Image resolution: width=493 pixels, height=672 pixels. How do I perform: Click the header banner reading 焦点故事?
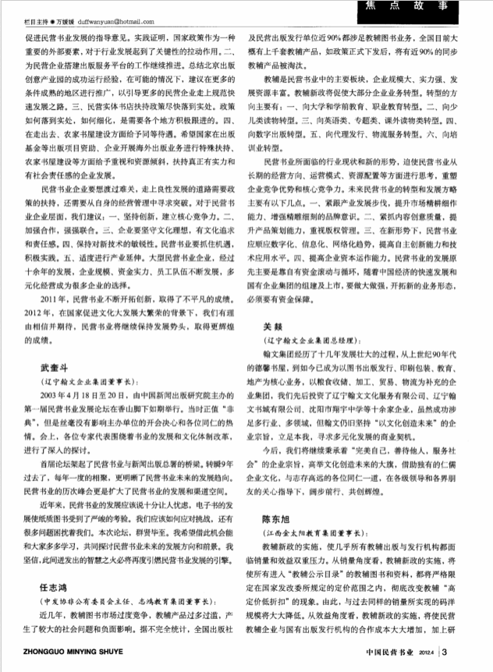(421, 9)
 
